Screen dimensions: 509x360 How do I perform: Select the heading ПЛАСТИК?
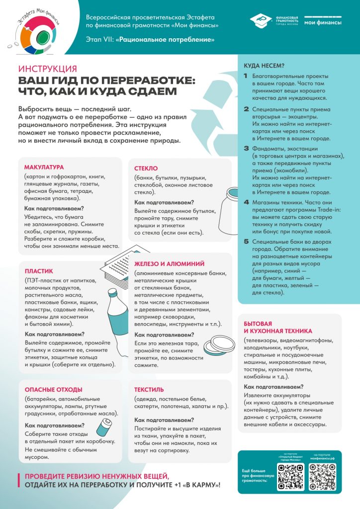(x=39, y=271)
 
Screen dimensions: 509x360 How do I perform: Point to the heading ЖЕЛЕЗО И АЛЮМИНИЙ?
(x=169, y=264)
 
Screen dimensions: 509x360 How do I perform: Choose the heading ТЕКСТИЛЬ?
(x=149, y=390)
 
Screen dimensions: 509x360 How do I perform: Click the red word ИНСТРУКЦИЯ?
(x=47, y=69)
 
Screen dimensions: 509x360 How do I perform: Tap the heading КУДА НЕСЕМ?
(x=264, y=66)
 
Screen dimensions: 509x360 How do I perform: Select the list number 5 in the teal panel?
(x=246, y=242)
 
